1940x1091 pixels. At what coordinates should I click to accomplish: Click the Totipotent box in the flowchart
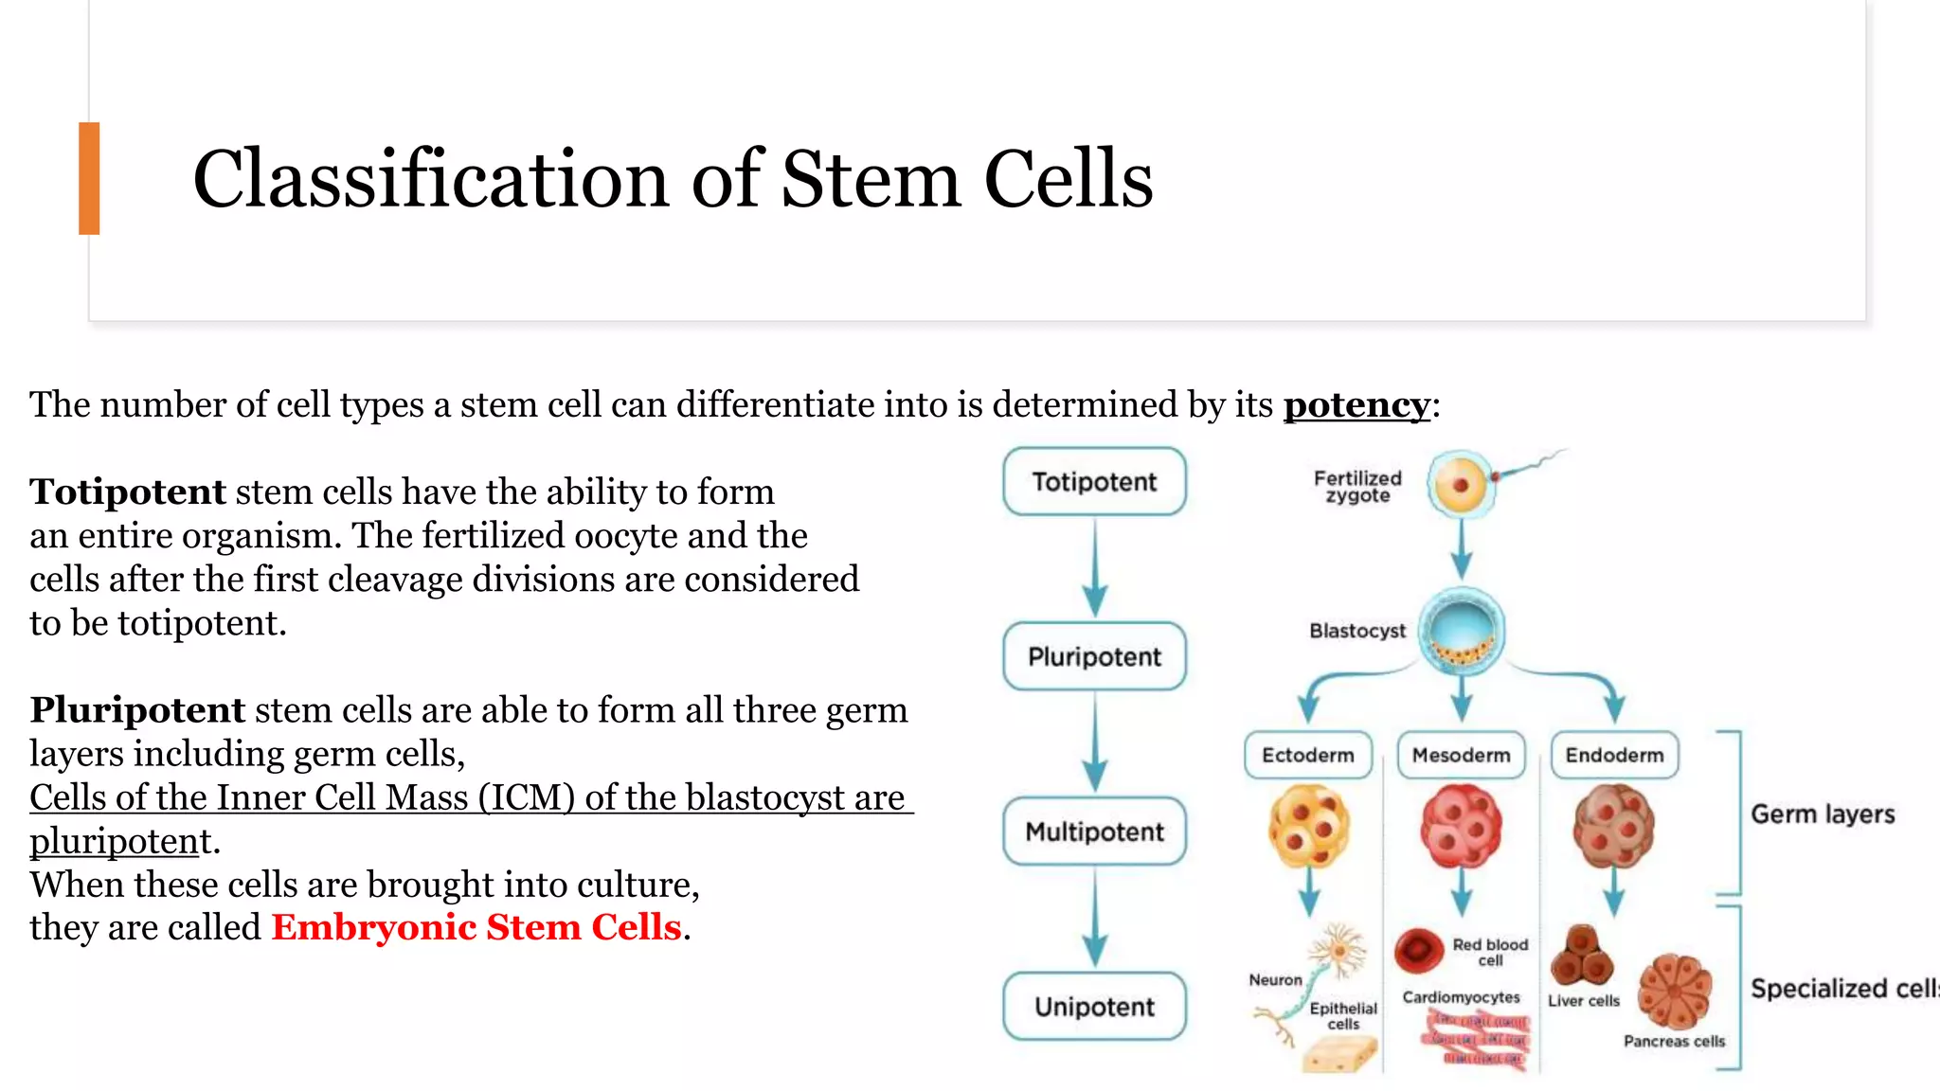[1094, 482]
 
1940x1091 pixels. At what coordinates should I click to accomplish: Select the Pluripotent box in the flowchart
[1094, 656]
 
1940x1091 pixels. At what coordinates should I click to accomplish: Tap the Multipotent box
[1094, 832]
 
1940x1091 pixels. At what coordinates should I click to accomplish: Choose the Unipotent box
[1094, 1006]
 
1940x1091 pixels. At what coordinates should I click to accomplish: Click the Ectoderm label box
[1307, 755]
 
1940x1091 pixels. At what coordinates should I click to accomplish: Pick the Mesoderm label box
[1461, 755]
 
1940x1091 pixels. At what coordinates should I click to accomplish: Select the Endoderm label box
[1614, 755]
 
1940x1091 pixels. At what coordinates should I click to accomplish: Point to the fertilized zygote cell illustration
[1461, 484]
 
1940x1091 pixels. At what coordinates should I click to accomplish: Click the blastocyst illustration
[1461, 632]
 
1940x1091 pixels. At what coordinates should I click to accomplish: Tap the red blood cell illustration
[1418, 949]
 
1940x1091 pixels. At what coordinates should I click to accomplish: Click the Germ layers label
[1823, 814]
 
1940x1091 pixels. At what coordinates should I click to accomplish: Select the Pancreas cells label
[1674, 1041]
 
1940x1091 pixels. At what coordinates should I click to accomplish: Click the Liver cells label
[1584, 1001]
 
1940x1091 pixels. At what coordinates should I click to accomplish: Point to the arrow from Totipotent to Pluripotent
[1095, 568]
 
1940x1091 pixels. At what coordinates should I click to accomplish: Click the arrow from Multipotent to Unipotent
[1095, 918]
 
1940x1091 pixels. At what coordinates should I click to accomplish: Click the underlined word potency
[1356, 405]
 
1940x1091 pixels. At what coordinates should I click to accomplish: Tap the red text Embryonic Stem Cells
[476, 927]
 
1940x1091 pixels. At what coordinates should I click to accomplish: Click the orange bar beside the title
[89, 178]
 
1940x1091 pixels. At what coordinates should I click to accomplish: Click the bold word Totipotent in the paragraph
[128, 492]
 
